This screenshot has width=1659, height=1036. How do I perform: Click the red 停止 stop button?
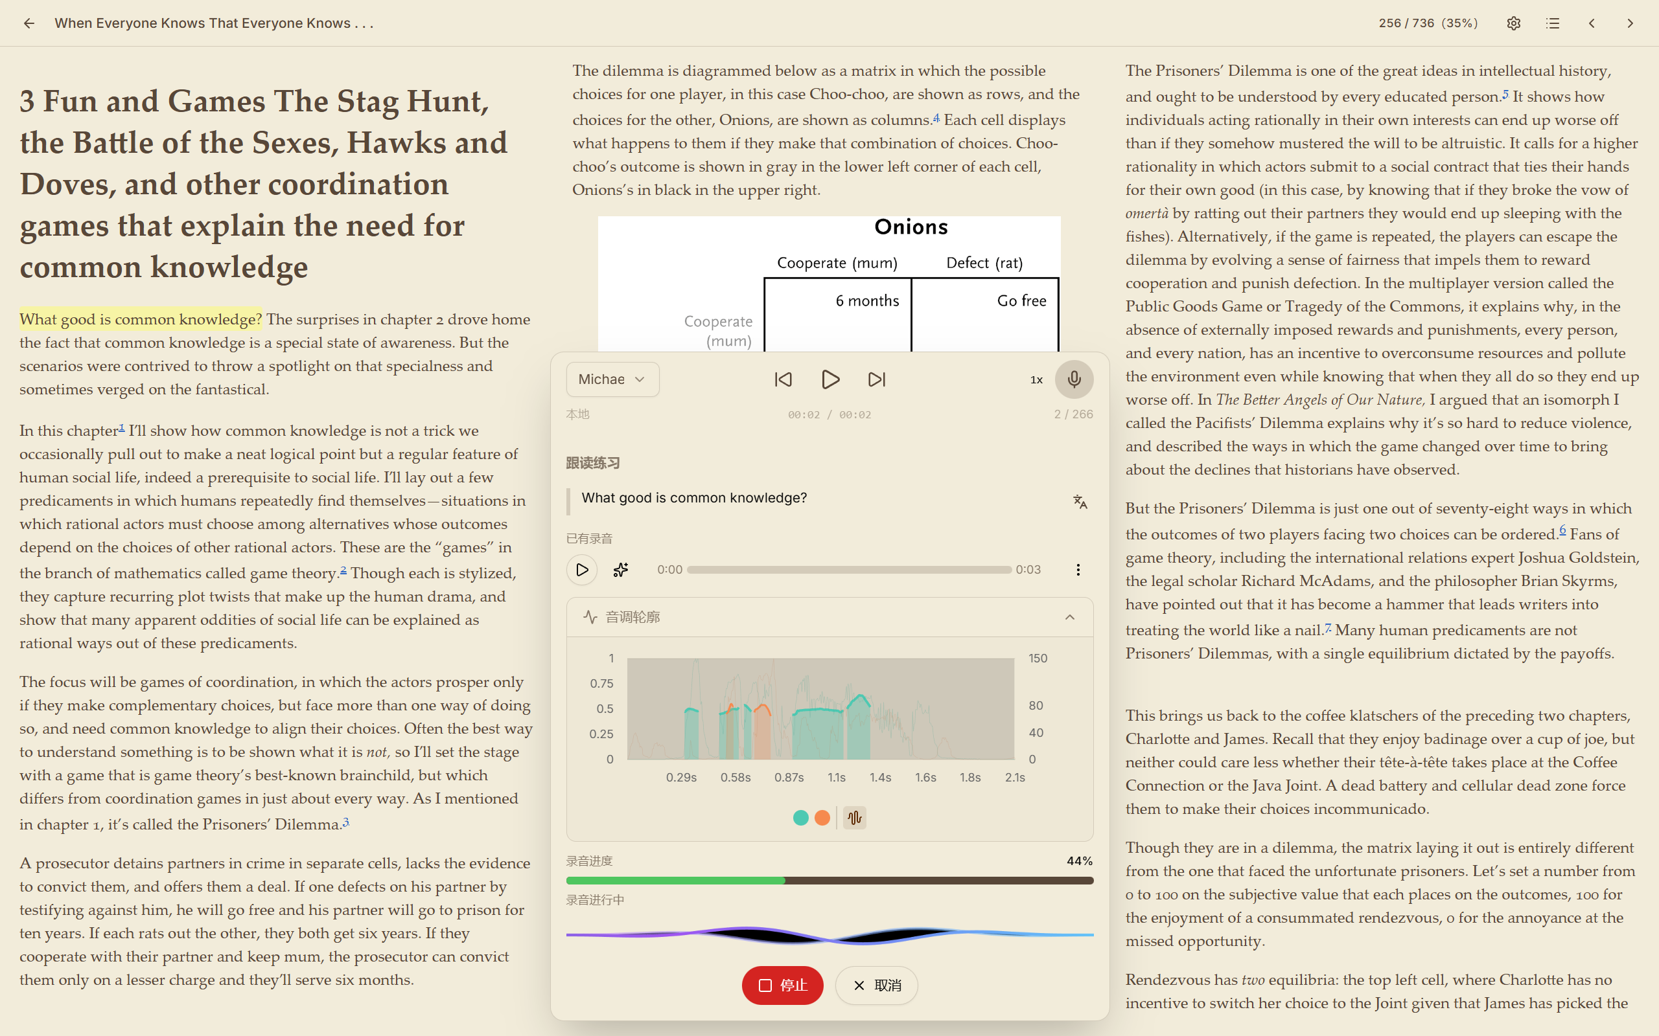point(782,985)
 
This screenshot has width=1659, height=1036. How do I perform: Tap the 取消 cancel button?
point(876,985)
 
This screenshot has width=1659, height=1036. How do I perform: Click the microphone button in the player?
point(1074,379)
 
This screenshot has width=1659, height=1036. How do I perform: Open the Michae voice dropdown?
point(612,379)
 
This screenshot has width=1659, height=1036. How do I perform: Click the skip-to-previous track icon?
point(783,379)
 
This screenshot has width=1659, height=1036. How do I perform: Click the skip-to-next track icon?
point(876,379)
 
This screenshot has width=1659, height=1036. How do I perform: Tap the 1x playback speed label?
point(1036,379)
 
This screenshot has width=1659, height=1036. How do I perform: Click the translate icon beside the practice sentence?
point(1080,502)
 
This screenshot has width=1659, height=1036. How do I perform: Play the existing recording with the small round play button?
point(581,569)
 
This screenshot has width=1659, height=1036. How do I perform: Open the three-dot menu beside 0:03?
point(1078,569)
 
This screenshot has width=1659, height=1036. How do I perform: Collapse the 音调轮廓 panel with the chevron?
point(1069,617)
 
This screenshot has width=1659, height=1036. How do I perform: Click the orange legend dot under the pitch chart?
point(822,817)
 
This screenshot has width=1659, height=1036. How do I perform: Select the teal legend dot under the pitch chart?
point(800,817)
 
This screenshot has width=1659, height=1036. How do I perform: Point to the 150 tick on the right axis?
point(1038,659)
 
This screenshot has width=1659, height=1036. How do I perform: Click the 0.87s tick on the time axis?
point(789,778)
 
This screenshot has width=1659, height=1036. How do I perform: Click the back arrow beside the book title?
point(29,23)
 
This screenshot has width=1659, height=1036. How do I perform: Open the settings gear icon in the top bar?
point(1514,23)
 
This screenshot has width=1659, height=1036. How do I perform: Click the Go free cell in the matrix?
point(1021,301)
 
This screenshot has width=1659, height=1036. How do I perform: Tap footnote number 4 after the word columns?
point(936,118)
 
